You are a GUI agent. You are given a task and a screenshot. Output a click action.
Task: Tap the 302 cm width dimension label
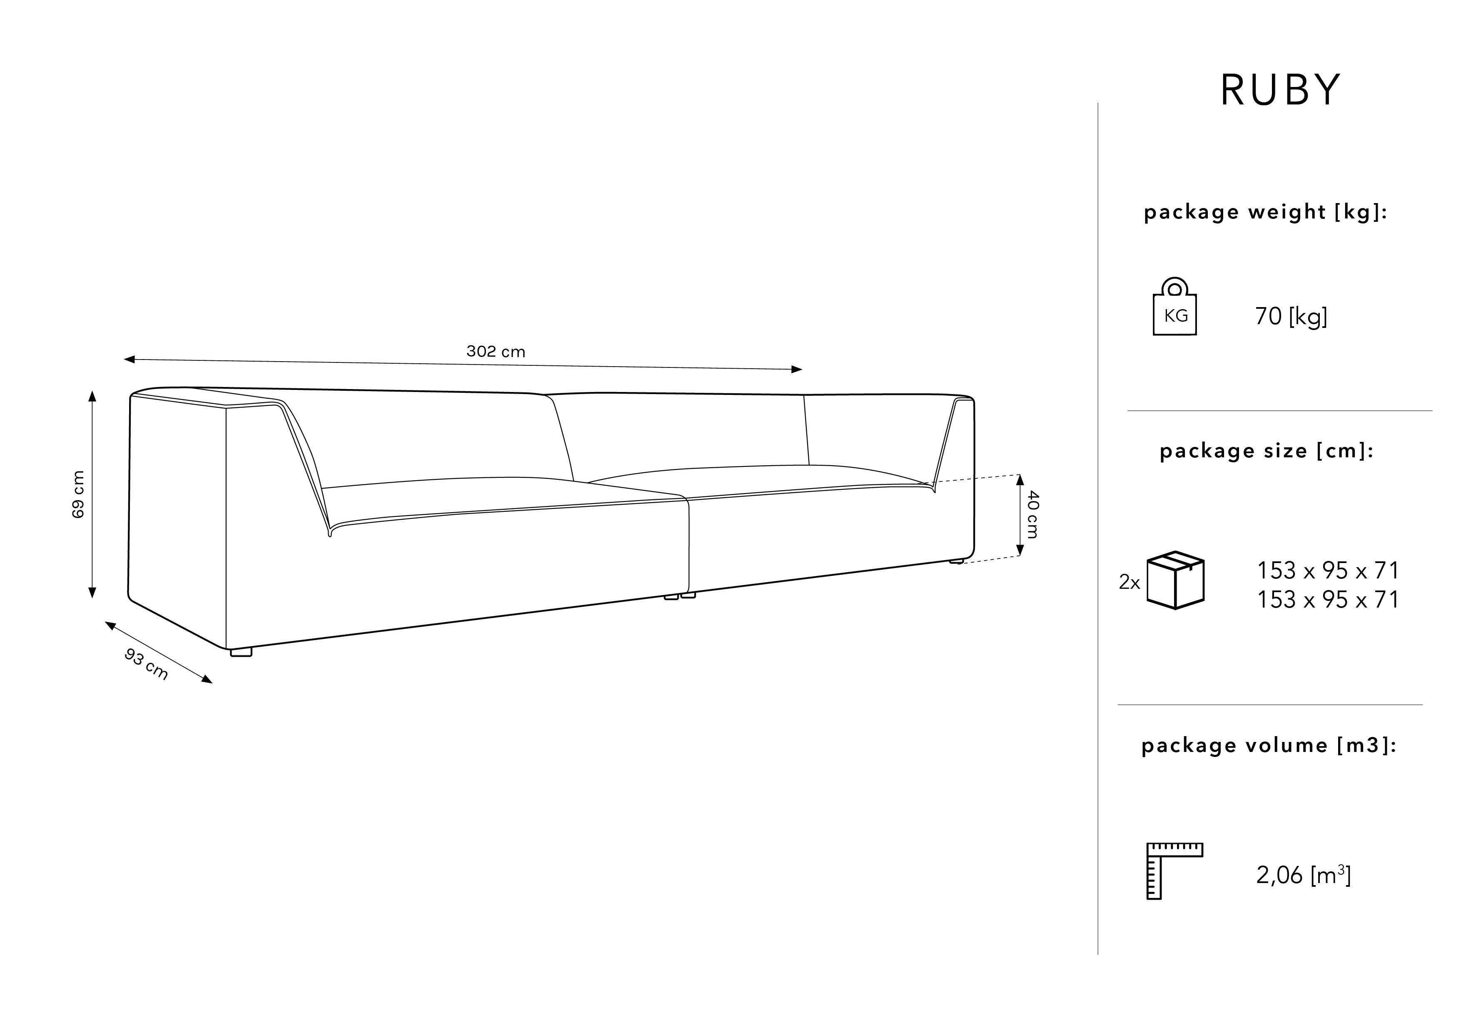click(x=496, y=352)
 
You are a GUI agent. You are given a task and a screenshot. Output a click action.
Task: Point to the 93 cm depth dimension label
click(x=146, y=664)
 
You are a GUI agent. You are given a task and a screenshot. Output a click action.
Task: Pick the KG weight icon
click(x=1174, y=307)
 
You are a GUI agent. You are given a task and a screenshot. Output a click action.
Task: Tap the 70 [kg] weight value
click(x=1291, y=316)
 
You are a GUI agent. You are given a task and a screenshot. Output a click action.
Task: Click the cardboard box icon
click(x=1175, y=580)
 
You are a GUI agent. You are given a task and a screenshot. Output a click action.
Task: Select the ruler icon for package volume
click(x=1174, y=871)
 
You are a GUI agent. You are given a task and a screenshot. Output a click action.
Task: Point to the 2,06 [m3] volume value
click(x=1303, y=876)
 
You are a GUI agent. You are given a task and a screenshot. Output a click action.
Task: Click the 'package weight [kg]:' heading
click(x=1265, y=212)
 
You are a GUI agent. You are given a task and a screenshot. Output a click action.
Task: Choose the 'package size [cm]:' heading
click(x=1266, y=451)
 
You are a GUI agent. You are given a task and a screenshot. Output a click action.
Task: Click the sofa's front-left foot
click(x=241, y=651)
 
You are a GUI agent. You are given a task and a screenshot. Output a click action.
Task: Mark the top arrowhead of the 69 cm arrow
click(x=92, y=397)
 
